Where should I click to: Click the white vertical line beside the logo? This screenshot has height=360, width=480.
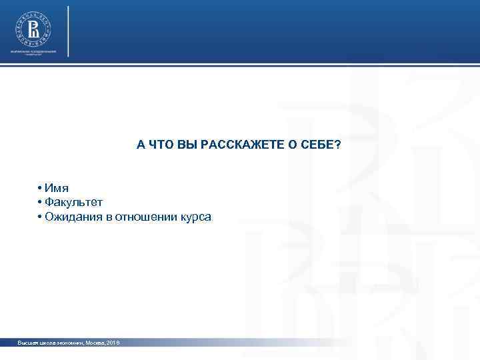point(67,31)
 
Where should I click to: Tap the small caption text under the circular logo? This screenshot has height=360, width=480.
point(33,53)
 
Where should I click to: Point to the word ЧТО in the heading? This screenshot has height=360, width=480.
point(161,145)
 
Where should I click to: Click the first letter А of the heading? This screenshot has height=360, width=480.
point(141,145)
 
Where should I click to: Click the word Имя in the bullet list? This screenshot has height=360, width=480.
point(57,188)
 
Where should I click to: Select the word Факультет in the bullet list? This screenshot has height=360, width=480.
point(74,202)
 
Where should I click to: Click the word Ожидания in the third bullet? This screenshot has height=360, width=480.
point(69,217)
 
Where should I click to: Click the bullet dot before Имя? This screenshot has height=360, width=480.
point(41,189)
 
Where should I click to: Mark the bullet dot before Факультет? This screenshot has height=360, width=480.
point(41,203)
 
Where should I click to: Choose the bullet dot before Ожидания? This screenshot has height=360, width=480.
point(41,217)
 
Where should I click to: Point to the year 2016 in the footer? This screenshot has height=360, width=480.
point(112,342)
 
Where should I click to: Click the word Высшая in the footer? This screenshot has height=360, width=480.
point(29,342)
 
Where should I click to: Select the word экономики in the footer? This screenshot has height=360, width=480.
point(67,342)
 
